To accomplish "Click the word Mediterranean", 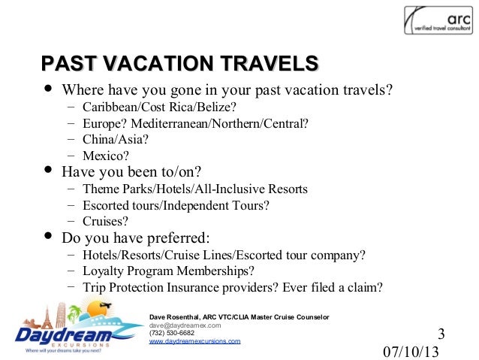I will coord(165,124).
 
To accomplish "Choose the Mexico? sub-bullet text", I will coord(106,156).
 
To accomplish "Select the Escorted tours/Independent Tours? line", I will coord(176,205).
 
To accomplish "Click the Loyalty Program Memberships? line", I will coord(168,271).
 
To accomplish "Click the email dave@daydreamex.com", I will coord(185,325).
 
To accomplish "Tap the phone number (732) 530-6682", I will coord(172,333).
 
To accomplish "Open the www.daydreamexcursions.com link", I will coord(195,341).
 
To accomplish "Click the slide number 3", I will coord(441,334).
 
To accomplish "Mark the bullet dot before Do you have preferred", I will coord(49,237).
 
